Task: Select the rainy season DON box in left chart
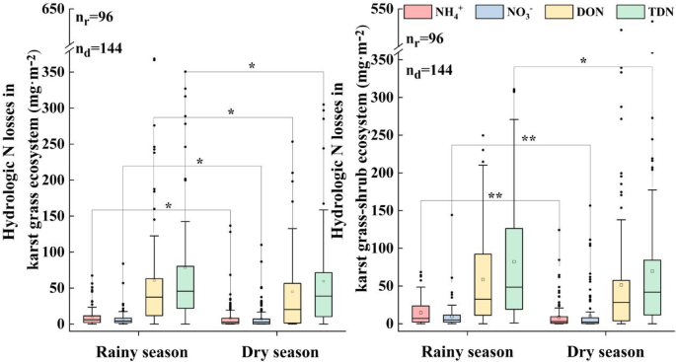[x=154, y=297]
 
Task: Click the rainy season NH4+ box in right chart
[x=420, y=314]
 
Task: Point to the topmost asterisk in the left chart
[x=253, y=66]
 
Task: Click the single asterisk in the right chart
[x=583, y=61]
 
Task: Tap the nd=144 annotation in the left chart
[x=98, y=47]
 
